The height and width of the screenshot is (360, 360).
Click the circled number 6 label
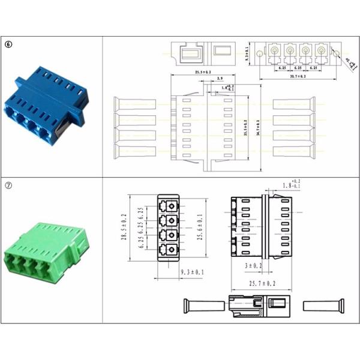8,44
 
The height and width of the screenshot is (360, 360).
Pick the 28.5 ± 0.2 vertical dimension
125,226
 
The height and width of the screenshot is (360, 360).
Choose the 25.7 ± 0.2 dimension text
262,283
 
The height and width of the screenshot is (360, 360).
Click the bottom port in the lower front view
172,249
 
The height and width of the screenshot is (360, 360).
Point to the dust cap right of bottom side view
325,305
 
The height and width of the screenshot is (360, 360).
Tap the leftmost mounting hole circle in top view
259,53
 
